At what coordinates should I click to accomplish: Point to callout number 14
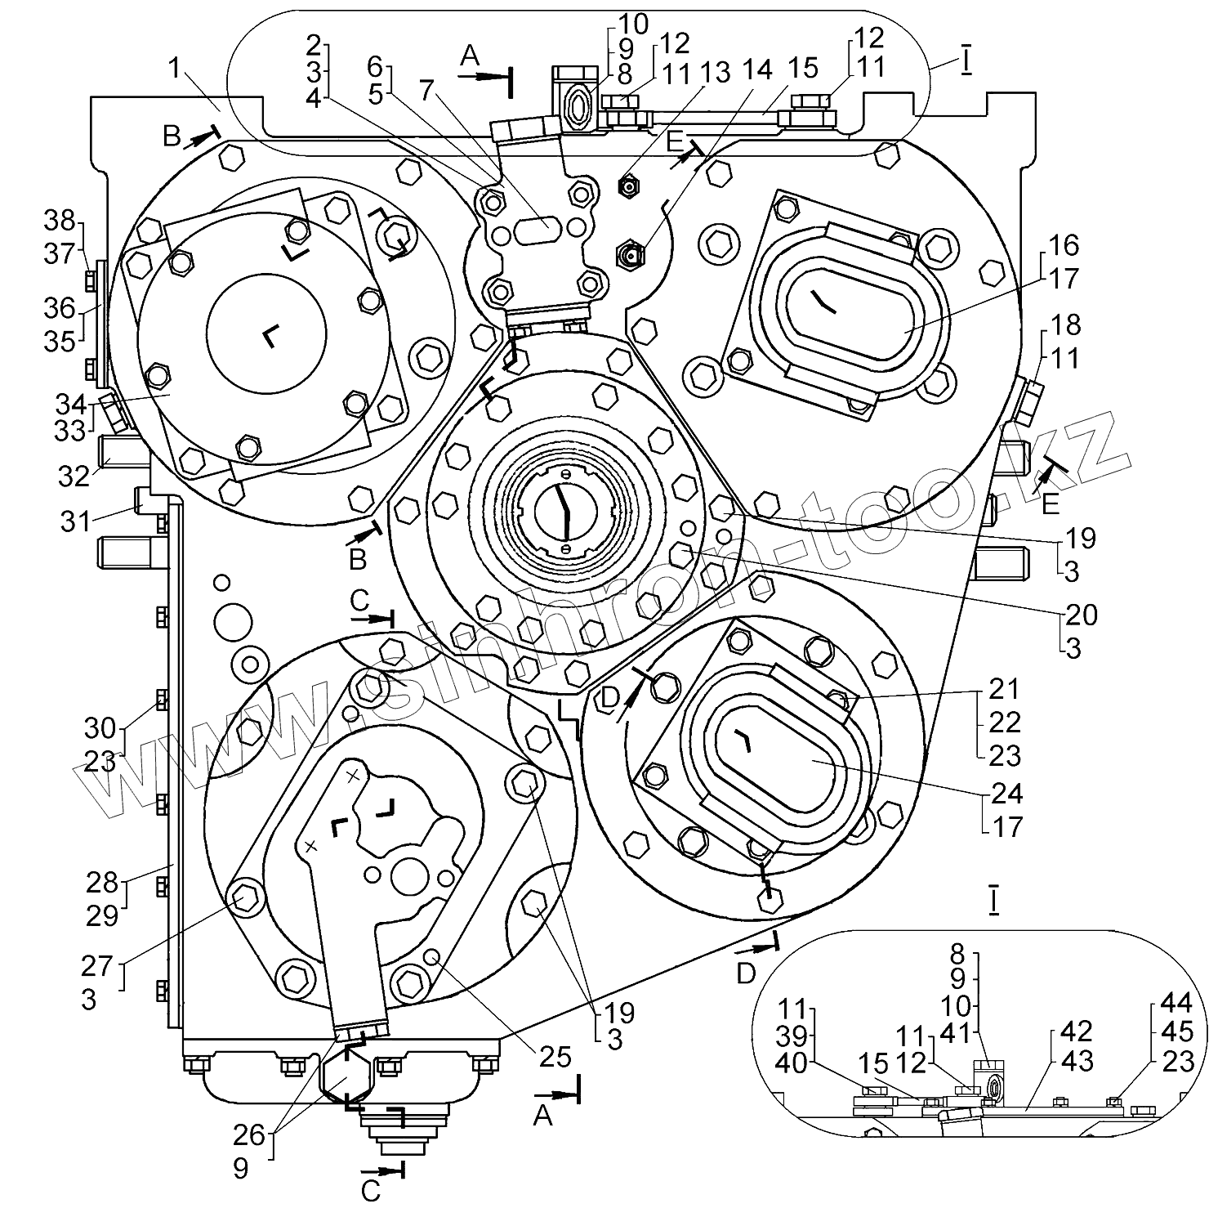(756, 70)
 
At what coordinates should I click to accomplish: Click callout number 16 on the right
(1064, 245)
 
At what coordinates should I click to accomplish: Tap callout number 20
(1080, 615)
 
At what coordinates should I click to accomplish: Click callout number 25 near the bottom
(555, 1057)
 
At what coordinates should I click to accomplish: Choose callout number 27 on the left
(96, 966)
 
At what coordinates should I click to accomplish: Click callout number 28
(102, 882)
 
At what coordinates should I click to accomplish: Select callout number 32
(74, 475)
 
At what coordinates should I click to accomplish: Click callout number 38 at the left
(60, 221)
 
